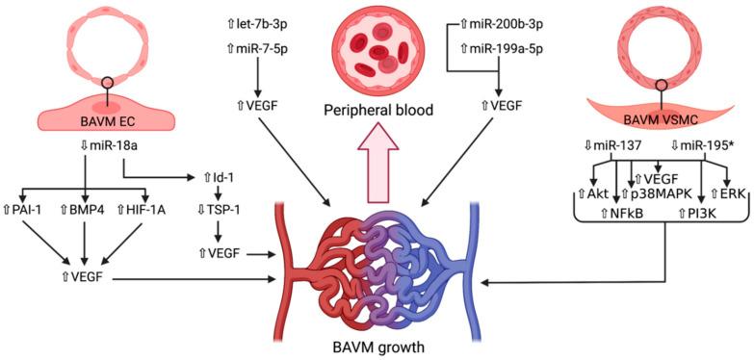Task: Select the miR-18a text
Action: pos(90,146)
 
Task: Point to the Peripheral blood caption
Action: pos(377,111)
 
